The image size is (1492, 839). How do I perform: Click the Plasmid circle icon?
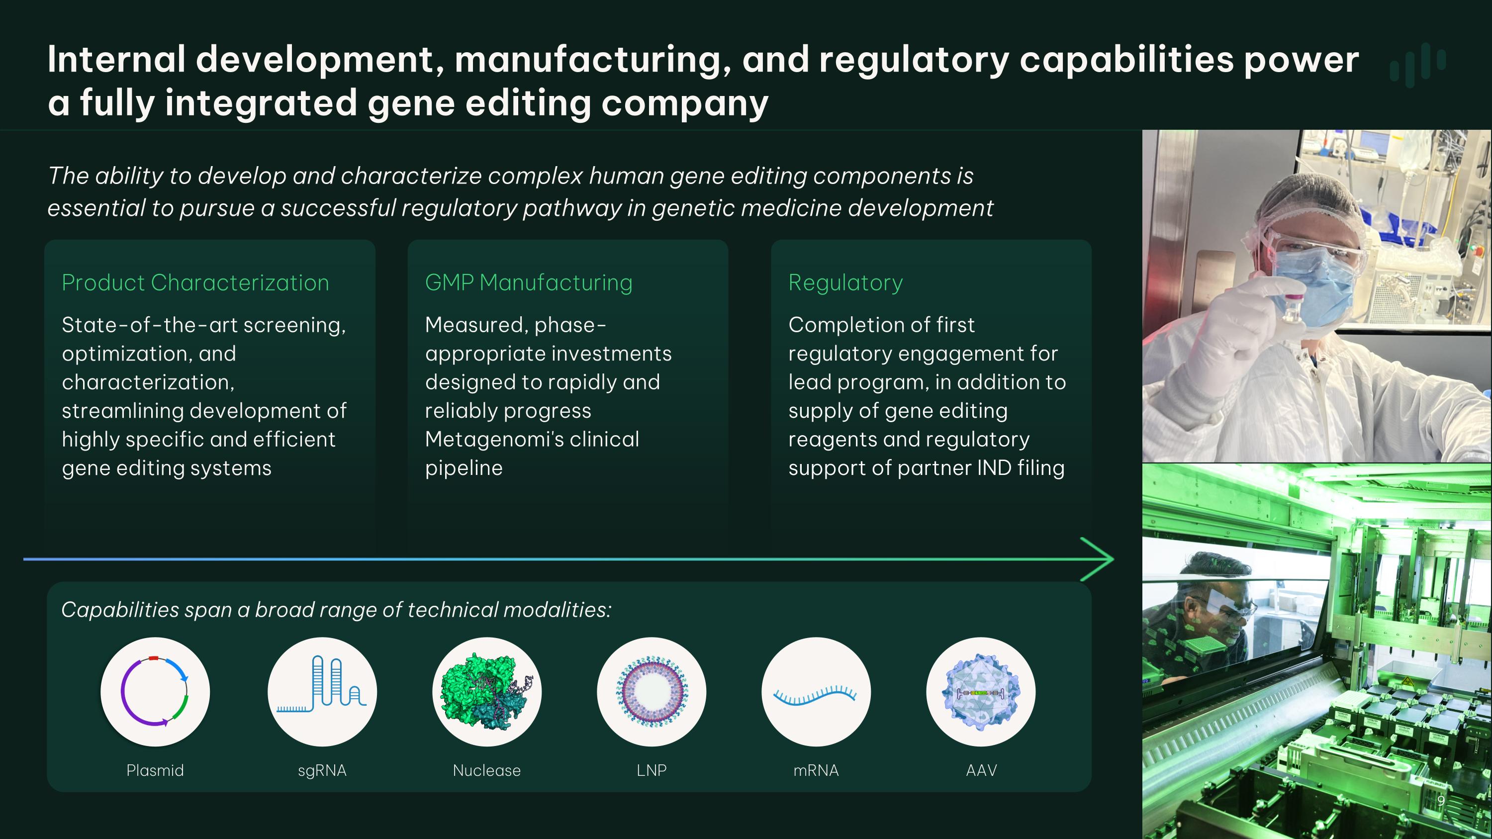pos(155,691)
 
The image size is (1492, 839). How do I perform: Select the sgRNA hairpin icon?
pos(322,691)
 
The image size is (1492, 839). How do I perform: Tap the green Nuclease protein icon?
pos(486,691)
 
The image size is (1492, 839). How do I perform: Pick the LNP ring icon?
pos(652,691)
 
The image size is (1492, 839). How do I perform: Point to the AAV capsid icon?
pos(981,691)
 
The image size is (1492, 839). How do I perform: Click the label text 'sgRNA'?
pos(322,770)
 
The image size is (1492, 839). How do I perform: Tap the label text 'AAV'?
pos(981,770)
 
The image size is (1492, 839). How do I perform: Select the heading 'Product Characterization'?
pos(195,282)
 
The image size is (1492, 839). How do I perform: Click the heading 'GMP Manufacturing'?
pos(528,282)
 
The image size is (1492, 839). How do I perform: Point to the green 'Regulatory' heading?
pos(845,282)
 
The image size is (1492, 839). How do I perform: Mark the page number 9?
pos(1440,801)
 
